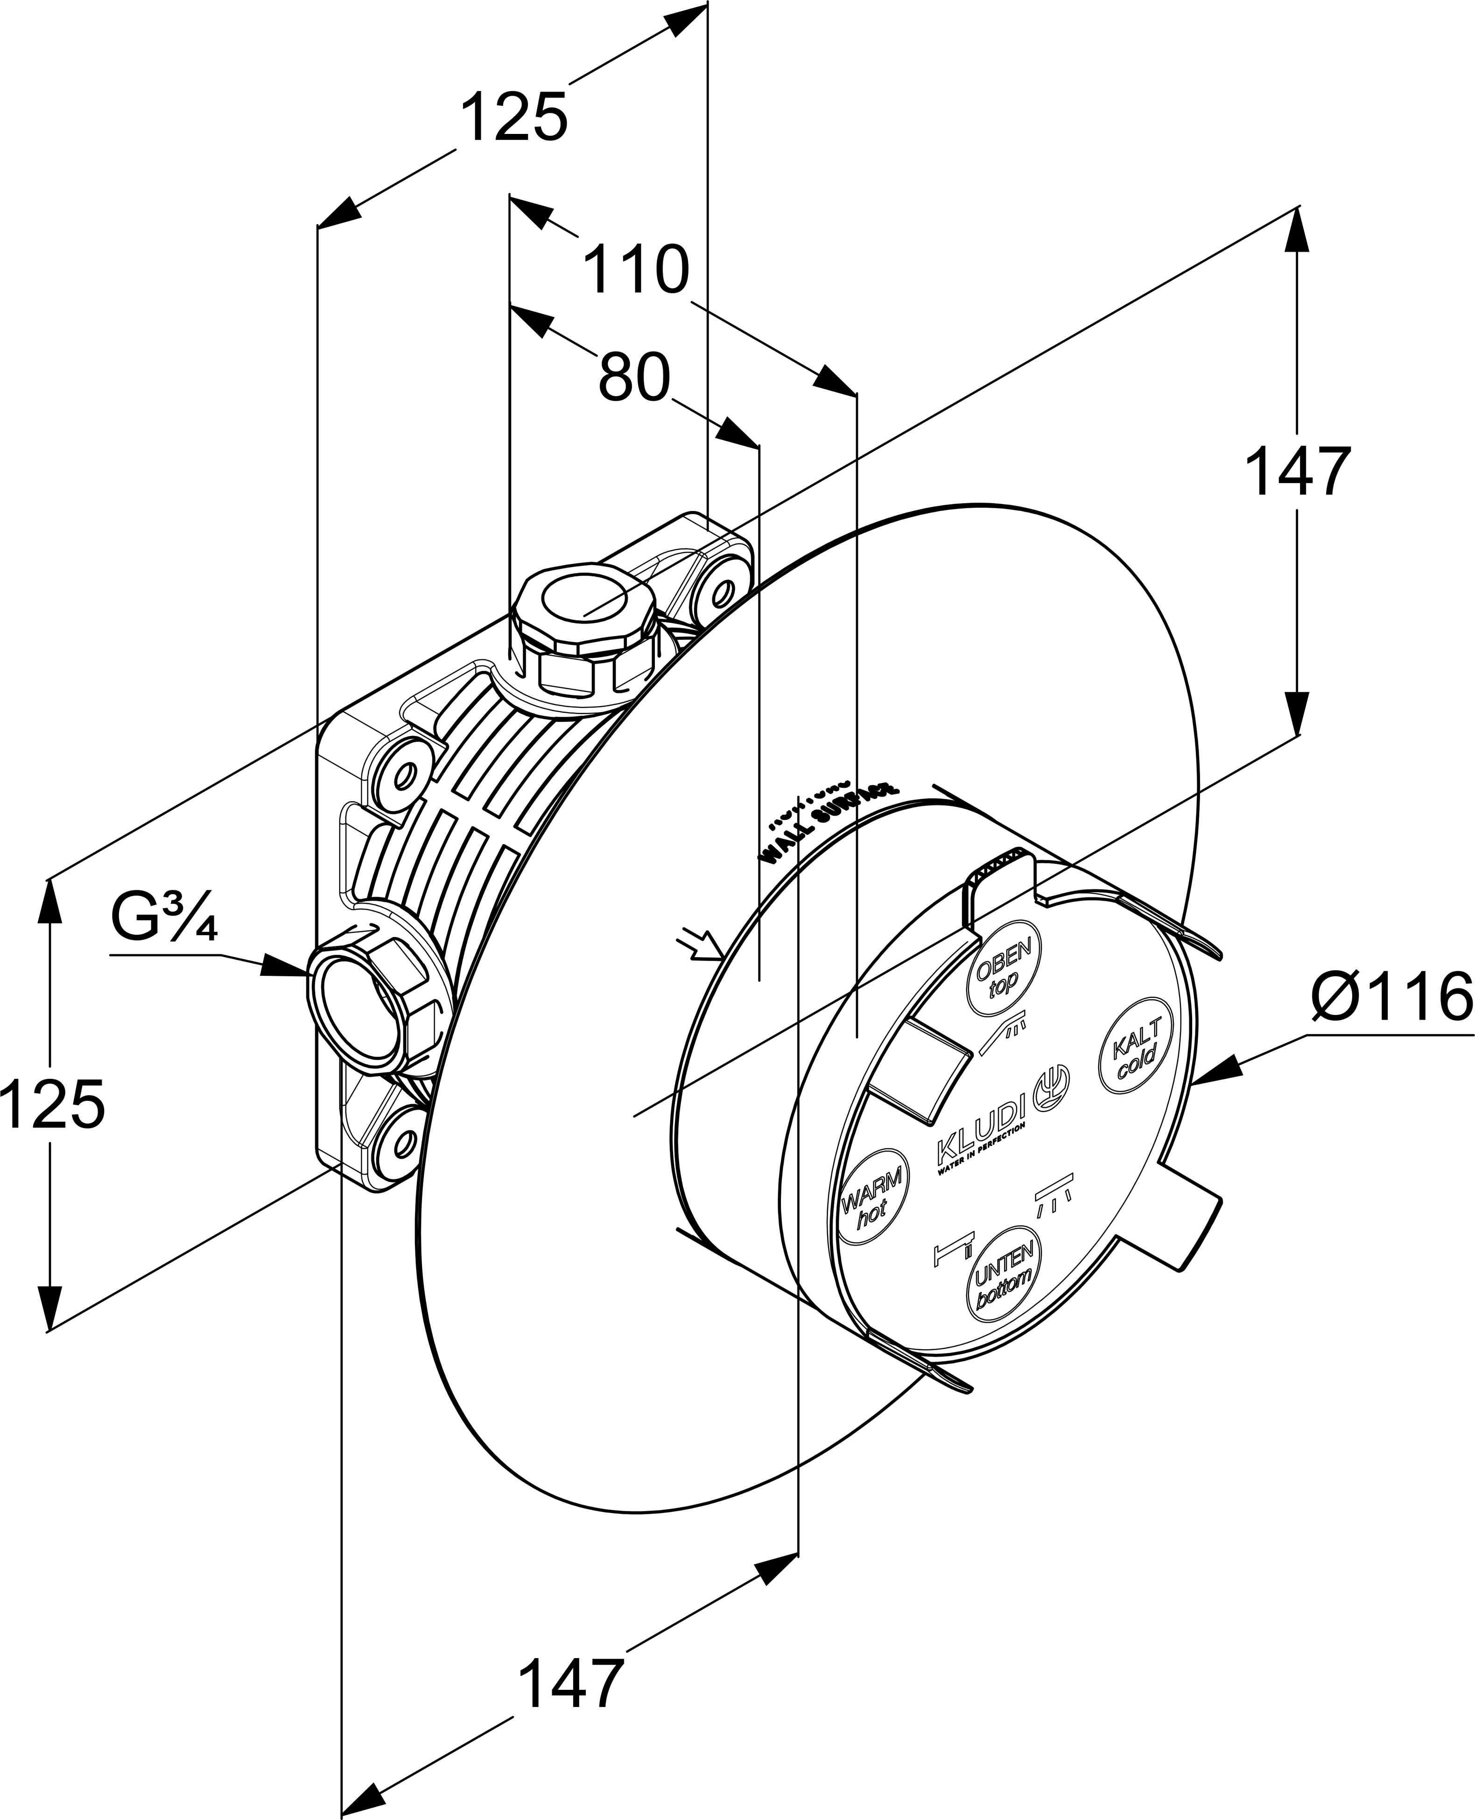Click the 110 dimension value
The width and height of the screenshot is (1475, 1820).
tap(636, 270)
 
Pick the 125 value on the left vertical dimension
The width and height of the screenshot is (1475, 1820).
tap(53, 1104)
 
